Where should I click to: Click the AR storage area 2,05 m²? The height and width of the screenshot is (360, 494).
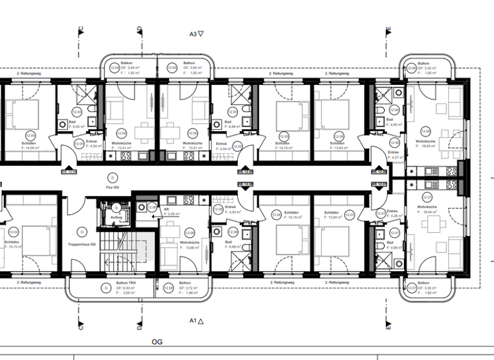point(171,213)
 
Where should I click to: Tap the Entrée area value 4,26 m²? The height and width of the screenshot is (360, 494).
point(395,215)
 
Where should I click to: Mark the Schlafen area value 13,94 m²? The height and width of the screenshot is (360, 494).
point(336,217)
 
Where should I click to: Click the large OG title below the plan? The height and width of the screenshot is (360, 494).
point(157,343)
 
